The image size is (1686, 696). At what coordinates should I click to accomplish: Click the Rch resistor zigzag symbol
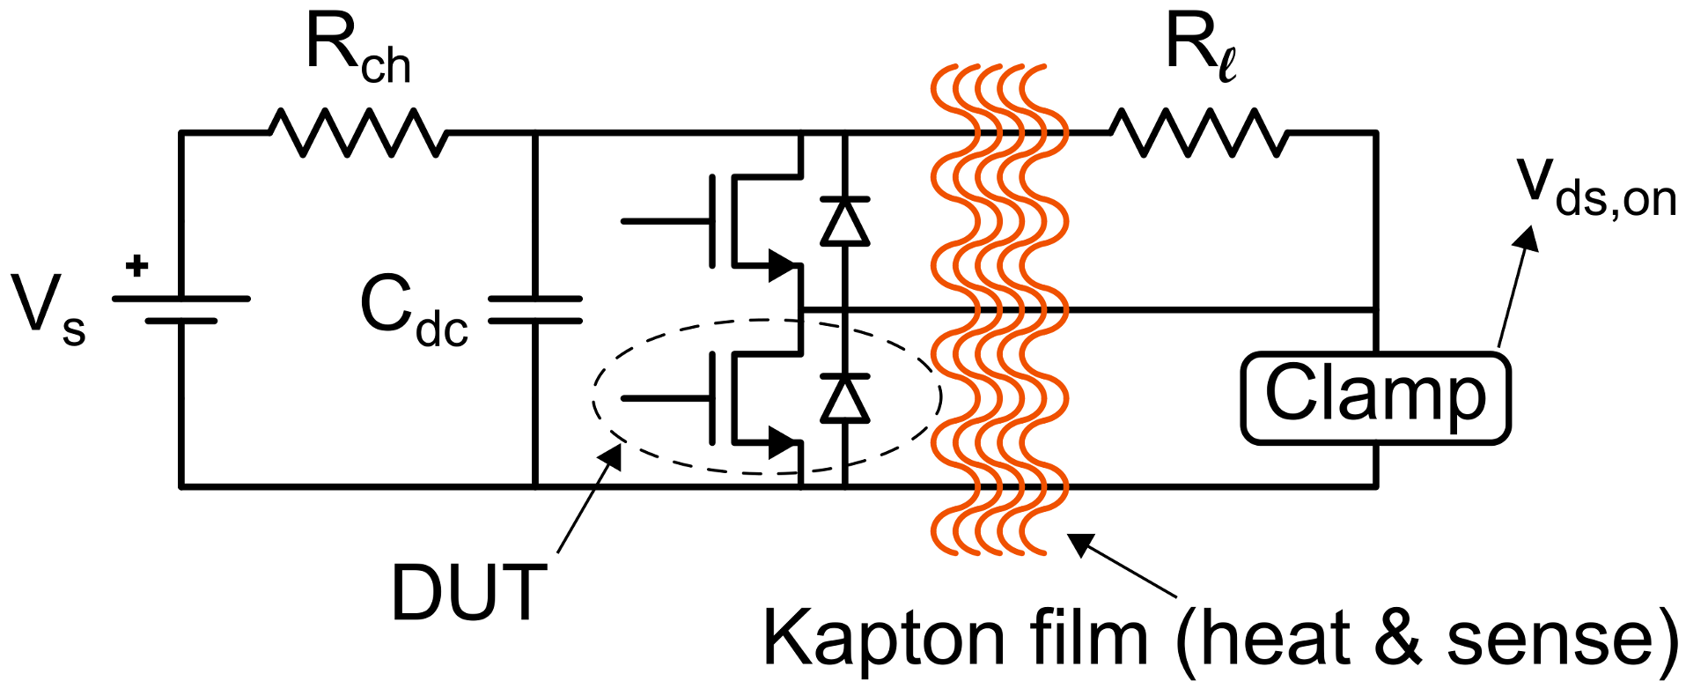[357, 133]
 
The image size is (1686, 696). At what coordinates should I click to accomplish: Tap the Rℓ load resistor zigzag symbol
[1197, 133]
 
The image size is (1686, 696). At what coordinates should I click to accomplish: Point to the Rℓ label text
[1200, 48]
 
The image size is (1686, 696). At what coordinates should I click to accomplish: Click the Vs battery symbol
[181, 309]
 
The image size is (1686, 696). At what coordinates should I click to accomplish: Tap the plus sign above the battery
[136, 266]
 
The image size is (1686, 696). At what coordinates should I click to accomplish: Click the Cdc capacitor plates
[535, 309]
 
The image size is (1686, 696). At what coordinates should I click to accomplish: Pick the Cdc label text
[413, 313]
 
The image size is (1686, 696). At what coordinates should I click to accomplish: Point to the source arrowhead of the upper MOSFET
[782, 265]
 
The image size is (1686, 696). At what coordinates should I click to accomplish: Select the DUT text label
[468, 593]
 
